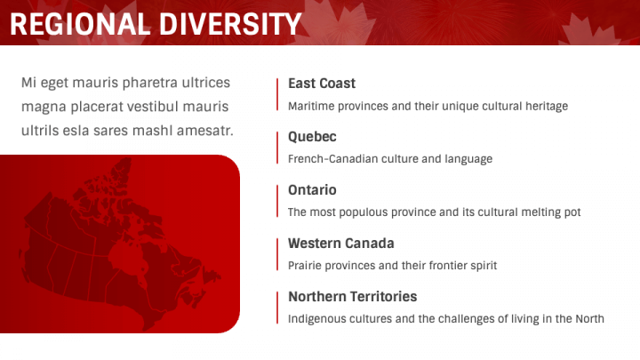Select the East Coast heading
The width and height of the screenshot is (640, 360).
click(x=321, y=83)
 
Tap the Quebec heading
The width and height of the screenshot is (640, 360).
click(x=312, y=137)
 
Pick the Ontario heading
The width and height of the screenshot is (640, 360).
click(x=312, y=190)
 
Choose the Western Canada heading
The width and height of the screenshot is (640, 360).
click(x=340, y=244)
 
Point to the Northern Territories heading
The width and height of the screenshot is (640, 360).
click(x=352, y=297)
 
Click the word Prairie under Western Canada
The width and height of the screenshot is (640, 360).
click(x=306, y=265)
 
